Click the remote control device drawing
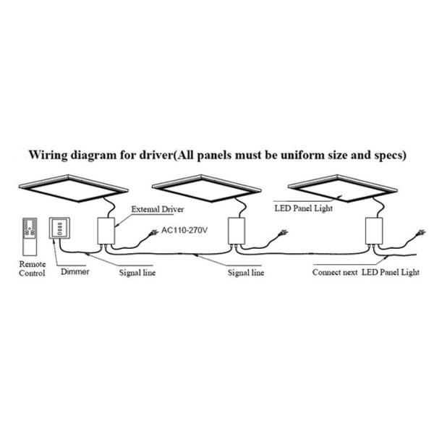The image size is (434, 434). tap(30, 237)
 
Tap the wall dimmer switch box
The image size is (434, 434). tap(59, 228)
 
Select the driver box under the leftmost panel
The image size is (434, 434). tap(106, 231)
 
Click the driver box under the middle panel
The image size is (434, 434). tap(237, 231)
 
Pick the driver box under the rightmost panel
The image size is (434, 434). tap(374, 231)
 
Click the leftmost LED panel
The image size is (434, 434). tap(73, 188)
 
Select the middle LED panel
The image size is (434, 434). tap(207, 188)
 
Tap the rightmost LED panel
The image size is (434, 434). tap(343, 188)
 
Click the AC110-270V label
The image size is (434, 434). tap(184, 230)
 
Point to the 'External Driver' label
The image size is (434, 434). tap(158, 209)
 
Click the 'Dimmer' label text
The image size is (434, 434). tap(75, 272)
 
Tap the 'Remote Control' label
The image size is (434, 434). tap(32, 269)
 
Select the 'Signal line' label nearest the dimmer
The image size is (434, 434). tap(137, 273)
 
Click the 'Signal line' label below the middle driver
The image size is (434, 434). tap(246, 273)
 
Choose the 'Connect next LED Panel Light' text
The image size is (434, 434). tap(366, 273)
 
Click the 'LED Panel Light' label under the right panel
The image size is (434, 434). tap(303, 208)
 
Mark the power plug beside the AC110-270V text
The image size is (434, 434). tap(153, 233)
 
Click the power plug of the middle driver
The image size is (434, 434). tap(283, 233)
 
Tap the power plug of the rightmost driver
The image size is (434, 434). tap(420, 233)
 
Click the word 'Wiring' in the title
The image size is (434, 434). tap(48, 155)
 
